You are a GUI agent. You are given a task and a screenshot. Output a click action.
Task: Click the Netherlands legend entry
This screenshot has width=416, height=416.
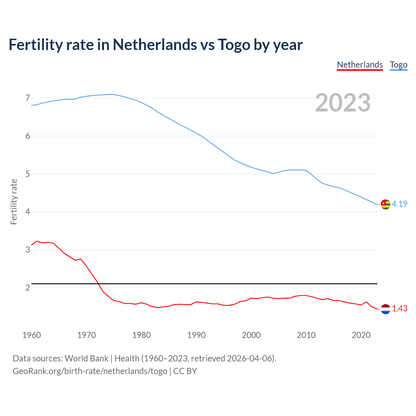360,65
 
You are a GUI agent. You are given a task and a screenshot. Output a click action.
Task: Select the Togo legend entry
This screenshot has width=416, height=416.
398,65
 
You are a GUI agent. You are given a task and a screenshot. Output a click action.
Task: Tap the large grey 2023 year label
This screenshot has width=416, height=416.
343,103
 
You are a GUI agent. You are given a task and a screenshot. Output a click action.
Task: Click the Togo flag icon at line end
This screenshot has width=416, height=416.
385,204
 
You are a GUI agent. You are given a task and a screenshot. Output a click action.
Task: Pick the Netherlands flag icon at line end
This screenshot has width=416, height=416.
385,309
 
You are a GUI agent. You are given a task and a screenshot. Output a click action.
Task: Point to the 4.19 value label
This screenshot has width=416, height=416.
399,204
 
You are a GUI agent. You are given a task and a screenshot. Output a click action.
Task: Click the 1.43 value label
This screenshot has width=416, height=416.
399,309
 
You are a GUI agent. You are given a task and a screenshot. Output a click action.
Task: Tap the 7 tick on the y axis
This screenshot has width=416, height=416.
28,98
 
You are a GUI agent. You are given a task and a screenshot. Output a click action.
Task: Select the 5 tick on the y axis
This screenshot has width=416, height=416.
28,174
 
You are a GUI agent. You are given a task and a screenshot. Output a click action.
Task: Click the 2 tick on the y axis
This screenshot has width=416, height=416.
28,288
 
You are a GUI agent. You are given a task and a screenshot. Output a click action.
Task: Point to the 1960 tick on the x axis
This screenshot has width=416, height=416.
32,335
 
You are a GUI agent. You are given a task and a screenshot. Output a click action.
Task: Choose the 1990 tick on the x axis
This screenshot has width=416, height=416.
196,335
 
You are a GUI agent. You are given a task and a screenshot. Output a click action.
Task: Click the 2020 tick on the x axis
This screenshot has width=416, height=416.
361,335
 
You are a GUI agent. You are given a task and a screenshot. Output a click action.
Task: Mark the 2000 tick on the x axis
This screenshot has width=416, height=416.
251,335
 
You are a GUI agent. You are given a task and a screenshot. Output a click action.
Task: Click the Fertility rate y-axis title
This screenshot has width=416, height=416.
14,201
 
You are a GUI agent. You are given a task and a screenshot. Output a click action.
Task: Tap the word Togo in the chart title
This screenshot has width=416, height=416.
234,45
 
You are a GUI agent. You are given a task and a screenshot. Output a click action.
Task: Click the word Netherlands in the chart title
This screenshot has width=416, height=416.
154,45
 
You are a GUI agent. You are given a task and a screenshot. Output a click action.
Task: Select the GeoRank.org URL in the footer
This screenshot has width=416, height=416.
90,371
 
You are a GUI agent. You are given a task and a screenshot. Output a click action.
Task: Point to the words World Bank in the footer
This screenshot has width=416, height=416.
86,358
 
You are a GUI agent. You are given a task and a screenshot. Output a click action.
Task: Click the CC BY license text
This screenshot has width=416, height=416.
185,371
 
